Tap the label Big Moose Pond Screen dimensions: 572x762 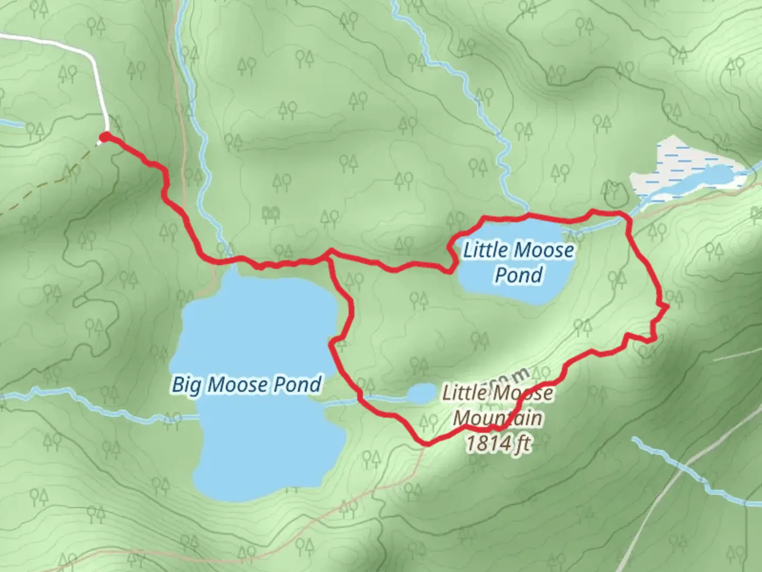(247, 385)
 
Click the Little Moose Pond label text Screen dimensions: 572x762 (518, 262)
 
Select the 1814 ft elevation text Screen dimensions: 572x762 (497, 443)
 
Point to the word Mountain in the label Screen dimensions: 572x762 (497, 418)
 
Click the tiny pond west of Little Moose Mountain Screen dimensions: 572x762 (421, 394)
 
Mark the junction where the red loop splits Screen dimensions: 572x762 (330, 254)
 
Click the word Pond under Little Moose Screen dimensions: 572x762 (519, 275)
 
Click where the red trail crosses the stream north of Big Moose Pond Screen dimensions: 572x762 (225, 260)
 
